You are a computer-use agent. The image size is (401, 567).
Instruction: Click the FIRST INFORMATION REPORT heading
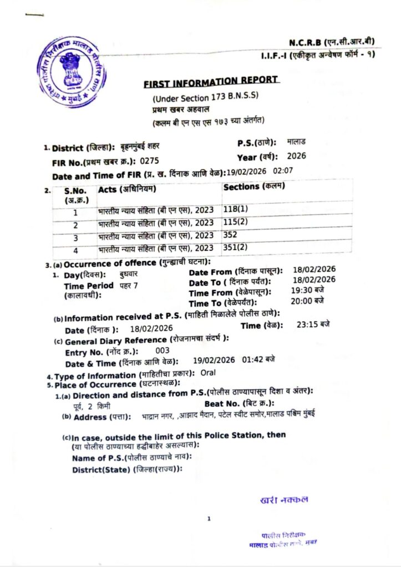[210, 82]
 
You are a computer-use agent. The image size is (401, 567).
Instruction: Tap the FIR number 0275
[149, 161]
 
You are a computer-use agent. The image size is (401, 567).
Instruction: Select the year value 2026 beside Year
[296, 156]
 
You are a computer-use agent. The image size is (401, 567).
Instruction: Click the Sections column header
[254, 187]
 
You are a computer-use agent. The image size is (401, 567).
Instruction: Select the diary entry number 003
[163, 350]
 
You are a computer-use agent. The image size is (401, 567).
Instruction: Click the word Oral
[207, 373]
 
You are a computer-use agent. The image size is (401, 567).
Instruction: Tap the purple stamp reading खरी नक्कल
[284, 500]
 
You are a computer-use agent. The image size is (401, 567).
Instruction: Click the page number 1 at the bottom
[209, 519]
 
